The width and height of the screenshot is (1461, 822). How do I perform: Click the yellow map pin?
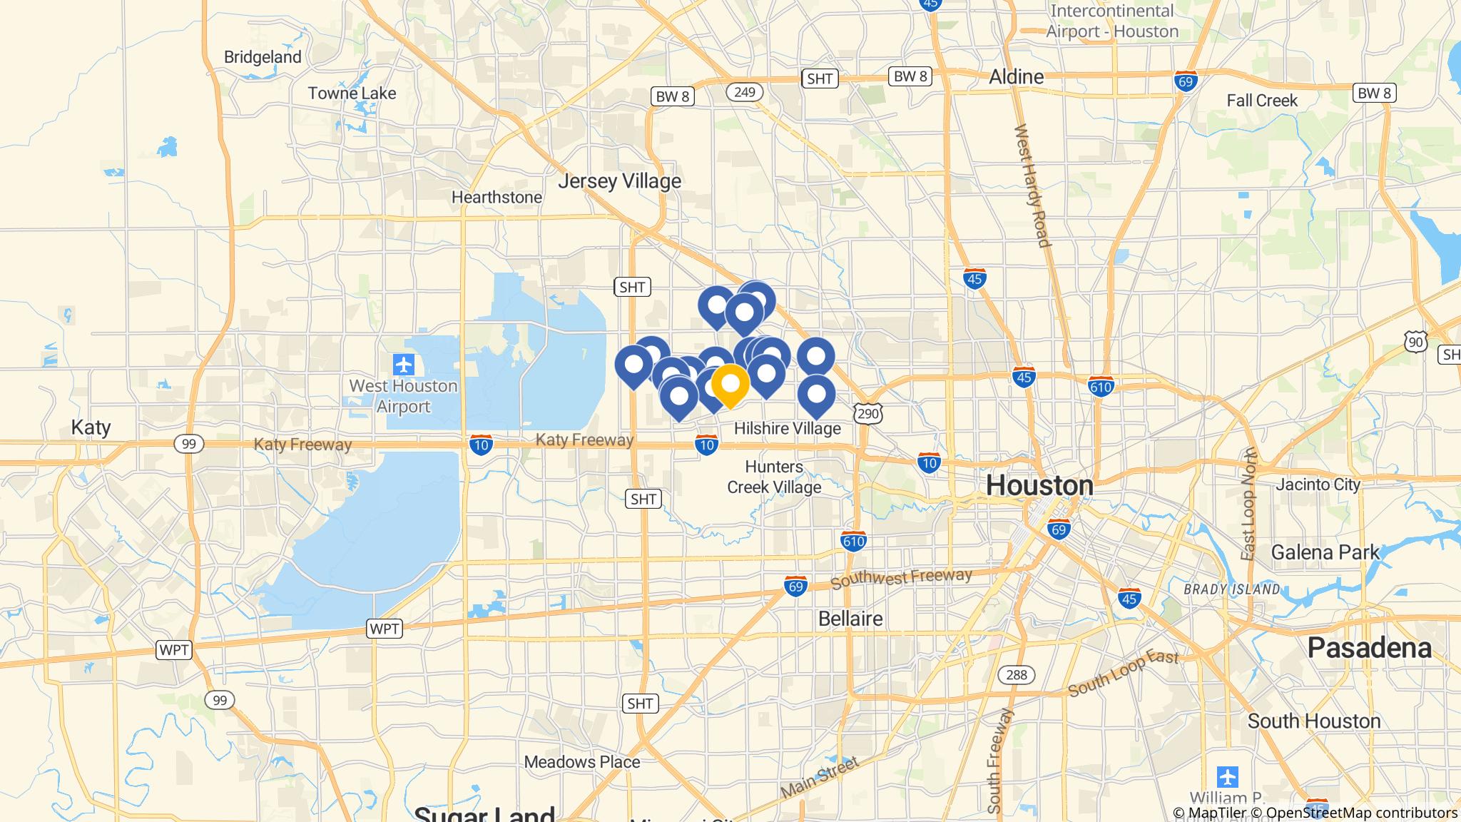730,385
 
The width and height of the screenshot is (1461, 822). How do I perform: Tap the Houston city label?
1039,486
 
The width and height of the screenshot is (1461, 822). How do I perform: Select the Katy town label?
91,427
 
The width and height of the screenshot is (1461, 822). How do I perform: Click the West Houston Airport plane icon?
404,365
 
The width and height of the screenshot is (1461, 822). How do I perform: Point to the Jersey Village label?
619,181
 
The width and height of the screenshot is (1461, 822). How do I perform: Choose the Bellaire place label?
850,618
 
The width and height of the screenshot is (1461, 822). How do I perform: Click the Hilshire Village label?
788,428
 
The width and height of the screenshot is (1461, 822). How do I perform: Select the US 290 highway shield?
868,413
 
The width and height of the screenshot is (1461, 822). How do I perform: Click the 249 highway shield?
745,92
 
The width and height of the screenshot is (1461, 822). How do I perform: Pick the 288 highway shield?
1016,674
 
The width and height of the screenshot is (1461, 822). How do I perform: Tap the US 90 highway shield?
1416,342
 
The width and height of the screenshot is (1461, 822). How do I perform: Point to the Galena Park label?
1325,552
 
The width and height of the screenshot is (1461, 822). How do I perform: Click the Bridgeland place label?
263,57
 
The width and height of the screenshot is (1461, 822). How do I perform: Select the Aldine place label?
1016,77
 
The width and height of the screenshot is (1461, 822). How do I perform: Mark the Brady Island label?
1232,589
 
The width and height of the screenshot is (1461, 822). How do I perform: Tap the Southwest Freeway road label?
901,577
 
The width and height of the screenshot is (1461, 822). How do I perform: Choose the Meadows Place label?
582,762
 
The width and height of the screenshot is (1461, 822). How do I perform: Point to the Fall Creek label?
1262,101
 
